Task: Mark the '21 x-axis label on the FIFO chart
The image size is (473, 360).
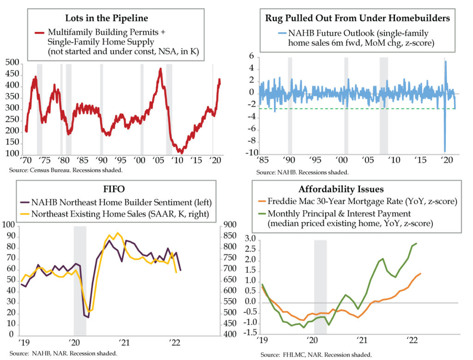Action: click(124, 343)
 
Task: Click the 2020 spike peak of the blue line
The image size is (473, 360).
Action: click(446, 62)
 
